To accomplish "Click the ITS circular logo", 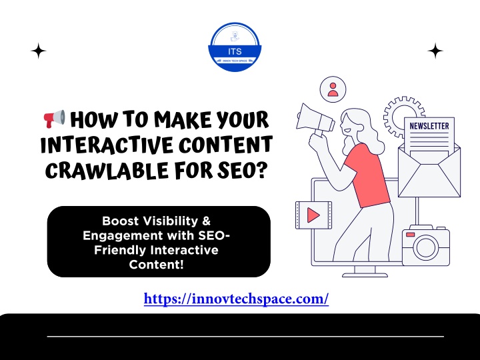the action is click(235, 47).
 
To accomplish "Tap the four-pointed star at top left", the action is click(39, 51).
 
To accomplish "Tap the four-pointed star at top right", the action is click(435, 51).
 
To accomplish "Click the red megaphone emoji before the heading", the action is click(55, 119).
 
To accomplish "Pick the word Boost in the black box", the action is click(120, 221).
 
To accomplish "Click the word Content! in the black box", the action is click(156, 264).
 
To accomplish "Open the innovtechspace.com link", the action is click(236, 299).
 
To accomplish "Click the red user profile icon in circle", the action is click(333, 89).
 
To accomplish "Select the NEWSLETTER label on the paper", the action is click(429, 126).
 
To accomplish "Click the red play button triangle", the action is click(313, 215).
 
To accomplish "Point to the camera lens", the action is click(426, 247).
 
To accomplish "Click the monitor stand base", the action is click(365, 275).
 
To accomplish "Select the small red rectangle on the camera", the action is click(410, 235).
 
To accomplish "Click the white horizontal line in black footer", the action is click(245, 337).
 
